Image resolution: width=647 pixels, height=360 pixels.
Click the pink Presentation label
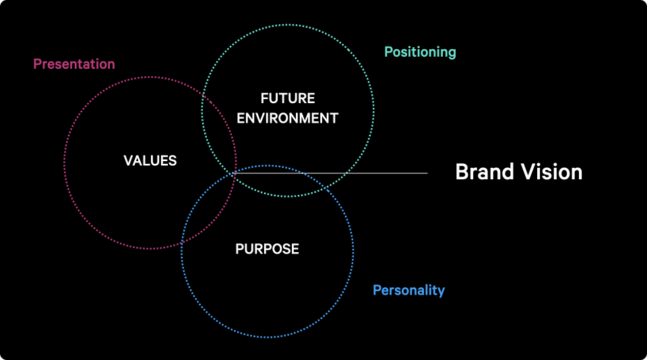74,64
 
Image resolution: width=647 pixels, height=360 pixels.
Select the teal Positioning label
420,52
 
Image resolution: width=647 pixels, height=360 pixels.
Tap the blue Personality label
409,291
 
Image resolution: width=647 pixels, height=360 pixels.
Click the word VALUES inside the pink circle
150,160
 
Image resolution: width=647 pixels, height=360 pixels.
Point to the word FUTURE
288,98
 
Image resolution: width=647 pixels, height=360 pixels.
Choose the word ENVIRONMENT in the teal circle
288,118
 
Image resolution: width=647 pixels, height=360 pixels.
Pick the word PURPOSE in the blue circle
267,249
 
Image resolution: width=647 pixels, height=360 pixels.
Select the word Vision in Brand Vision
551,172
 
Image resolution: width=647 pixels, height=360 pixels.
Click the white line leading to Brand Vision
330,173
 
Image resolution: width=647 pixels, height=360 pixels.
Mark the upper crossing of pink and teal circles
203,96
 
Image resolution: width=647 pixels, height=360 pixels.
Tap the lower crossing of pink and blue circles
182,242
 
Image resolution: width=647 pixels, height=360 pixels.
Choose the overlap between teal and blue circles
280,181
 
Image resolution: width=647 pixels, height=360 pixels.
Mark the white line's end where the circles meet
234,173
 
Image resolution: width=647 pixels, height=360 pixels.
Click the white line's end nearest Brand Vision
427,173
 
